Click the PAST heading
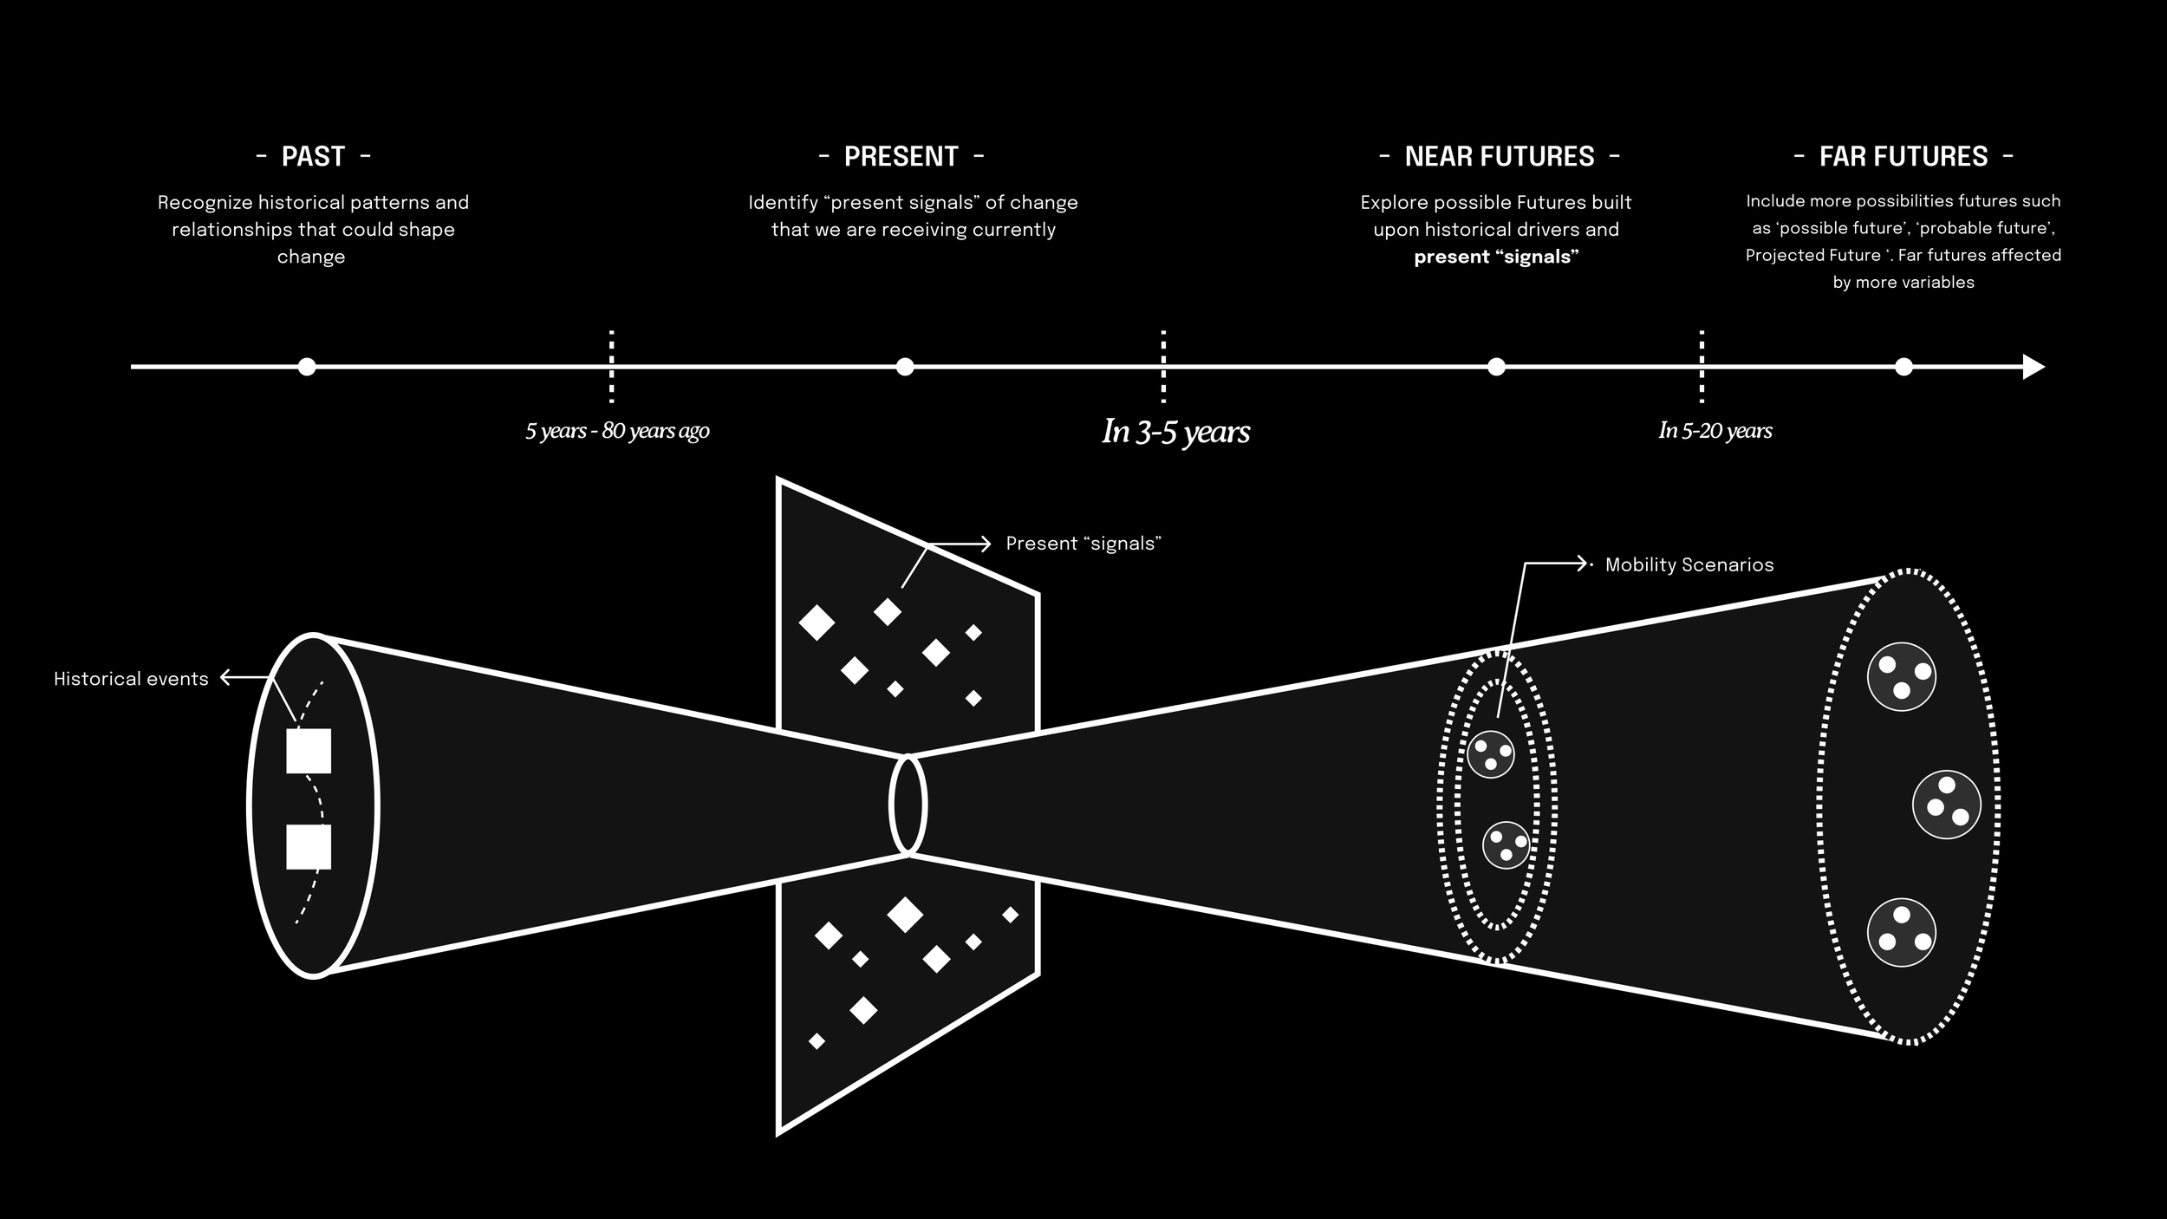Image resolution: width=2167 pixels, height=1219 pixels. click(313, 157)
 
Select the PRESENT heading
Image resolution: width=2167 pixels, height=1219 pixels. click(901, 157)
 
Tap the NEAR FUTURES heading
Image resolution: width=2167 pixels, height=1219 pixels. click(1500, 157)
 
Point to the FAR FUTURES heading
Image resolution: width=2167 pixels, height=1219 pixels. click(1903, 157)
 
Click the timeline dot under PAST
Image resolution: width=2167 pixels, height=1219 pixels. click(306, 367)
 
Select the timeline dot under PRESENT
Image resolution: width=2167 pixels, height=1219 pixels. click(905, 367)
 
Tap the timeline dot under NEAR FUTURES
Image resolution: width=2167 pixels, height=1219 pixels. click(1496, 367)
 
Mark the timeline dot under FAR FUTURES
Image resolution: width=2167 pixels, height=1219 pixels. click(1903, 367)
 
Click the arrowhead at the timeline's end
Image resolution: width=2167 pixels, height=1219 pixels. click(2034, 367)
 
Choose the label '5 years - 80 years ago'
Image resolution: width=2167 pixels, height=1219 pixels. click(617, 431)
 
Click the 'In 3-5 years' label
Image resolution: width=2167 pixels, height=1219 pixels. click(1176, 432)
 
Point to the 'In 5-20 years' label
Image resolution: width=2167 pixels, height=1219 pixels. click(1715, 431)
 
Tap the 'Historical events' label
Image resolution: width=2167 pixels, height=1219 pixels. click(131, 679)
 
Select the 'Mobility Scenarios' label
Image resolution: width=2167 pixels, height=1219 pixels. click(1689, 565)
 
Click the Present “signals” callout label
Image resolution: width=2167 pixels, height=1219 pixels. click(1083, 544)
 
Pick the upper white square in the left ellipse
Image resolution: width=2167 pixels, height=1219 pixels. click(309, 751)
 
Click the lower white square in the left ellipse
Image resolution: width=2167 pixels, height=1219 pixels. click(309, 847)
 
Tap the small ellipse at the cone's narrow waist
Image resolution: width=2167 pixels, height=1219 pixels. click(908, 805)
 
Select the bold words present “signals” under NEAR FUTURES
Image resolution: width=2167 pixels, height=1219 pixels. click(1496, 257)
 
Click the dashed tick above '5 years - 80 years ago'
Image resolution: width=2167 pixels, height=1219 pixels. click(612, 367)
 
